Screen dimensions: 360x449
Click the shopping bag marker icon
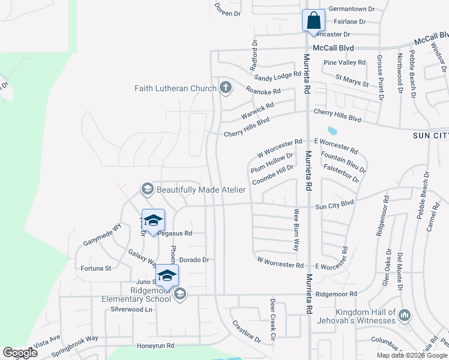(313, 21)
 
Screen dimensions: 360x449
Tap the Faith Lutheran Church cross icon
(226, 89)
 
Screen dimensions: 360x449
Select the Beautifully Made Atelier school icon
(147, 190)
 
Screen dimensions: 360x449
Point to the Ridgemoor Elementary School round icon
(180, 294)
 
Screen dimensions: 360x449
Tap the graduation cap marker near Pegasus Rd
(153, 221)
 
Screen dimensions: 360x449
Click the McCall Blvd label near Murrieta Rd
(333, 48)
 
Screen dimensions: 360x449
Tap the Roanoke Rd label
(264, 91)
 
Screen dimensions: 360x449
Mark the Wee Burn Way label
(296, 230)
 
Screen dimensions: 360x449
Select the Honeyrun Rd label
(155, 346)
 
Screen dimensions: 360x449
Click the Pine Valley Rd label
(344, 62)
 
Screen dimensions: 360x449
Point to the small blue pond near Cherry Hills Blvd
(332, 130)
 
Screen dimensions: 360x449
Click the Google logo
(20, 353)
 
